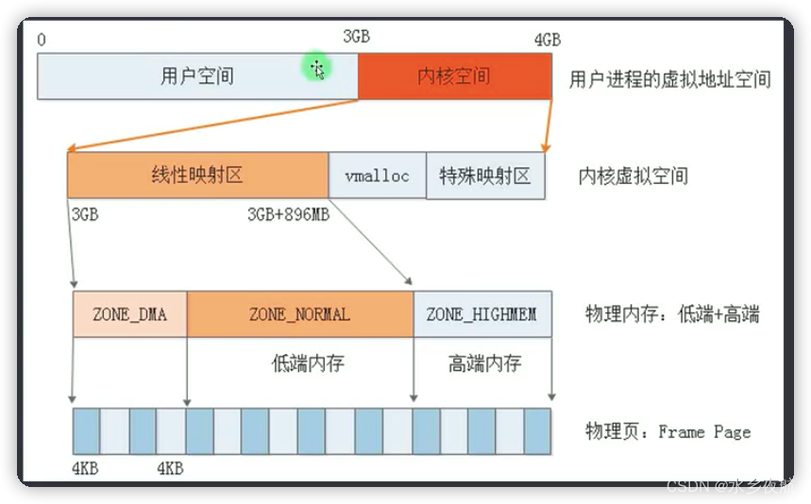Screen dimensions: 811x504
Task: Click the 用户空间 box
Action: [197, 76]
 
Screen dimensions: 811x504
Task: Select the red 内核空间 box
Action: [454, 76]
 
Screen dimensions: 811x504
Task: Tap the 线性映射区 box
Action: [197, 175]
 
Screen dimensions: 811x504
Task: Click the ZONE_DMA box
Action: [129, 314]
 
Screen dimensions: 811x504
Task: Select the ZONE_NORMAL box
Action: [299, 314]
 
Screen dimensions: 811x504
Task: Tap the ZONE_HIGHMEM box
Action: [482, 314]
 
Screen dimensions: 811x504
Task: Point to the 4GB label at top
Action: [547, 40]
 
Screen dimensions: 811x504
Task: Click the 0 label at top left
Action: [42, 40]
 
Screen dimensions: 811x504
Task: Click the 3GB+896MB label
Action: [288, 214]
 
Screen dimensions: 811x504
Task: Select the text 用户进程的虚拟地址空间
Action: [669, 79]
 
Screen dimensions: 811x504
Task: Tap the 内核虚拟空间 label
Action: [633, 176]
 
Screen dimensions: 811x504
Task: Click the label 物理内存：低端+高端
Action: [672, 315]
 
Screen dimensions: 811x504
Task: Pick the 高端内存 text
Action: [484, 363]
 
